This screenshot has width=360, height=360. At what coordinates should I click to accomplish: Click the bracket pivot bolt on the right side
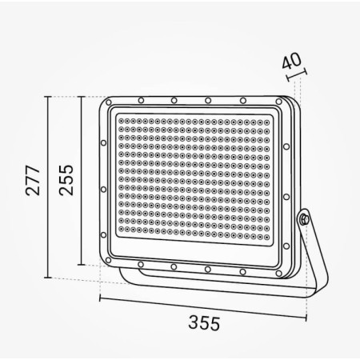coord(304,218)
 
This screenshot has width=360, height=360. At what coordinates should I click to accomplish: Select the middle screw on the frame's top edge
coord(208,101)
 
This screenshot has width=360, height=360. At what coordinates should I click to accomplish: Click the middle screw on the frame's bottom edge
coord(207,269)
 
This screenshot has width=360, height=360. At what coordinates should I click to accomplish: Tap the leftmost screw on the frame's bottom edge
coord(141,264)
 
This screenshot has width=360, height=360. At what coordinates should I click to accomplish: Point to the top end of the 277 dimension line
coord(49,96)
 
